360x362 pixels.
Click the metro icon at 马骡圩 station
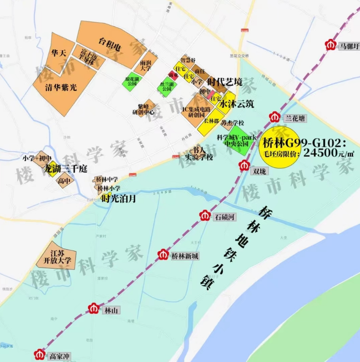(x=331, y=45)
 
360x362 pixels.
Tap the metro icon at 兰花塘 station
(x=275, y=117)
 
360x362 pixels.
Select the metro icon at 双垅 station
(x=245, y=165)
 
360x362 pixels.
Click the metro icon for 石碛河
(x=205, y=216)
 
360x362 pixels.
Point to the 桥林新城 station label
(x=185, y=256)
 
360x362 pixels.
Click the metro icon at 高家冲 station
(x=40, y=354)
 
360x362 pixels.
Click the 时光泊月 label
(x=119, y=198)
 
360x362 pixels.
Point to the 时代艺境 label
(x=224, y=81)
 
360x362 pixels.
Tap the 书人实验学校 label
(x=199, y=153)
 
